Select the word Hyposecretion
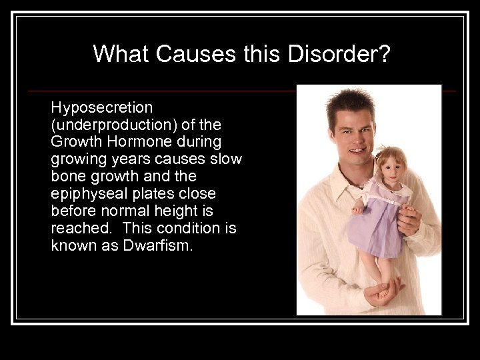102,107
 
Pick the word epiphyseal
84,194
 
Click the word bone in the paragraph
67,177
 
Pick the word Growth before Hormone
75,142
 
